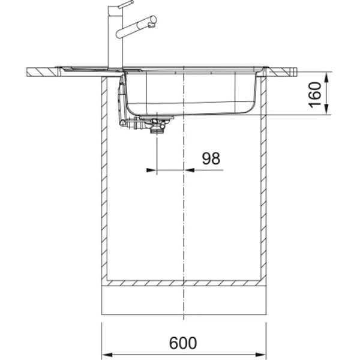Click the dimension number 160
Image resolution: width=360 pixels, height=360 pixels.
pos(315,95)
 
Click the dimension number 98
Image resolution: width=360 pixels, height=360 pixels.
pos(211,158)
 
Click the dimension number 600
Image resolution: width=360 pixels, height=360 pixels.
pos(183,343)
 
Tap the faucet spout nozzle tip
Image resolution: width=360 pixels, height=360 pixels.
pos(152,25)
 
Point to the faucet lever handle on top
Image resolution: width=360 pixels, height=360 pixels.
pos(125,4)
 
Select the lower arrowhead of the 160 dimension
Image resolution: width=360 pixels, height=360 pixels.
pos(326,110)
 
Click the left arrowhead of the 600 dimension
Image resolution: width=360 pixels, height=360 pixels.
pos(106,354)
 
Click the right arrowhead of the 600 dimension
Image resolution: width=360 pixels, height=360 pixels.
pos(261,354)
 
